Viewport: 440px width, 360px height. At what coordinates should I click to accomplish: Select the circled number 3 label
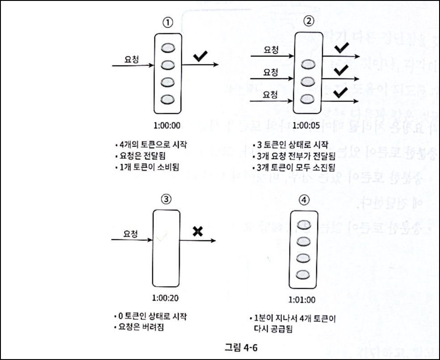pyautogui.click(x=166, y=199)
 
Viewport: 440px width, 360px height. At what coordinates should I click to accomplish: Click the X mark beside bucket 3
pyautogui.click(x=197, y=232)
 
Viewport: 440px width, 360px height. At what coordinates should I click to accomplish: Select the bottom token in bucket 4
pyautogui.click(x=304, y=274)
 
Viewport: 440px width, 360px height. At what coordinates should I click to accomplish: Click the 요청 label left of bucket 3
pyautogui.click(x=130, y=233)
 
